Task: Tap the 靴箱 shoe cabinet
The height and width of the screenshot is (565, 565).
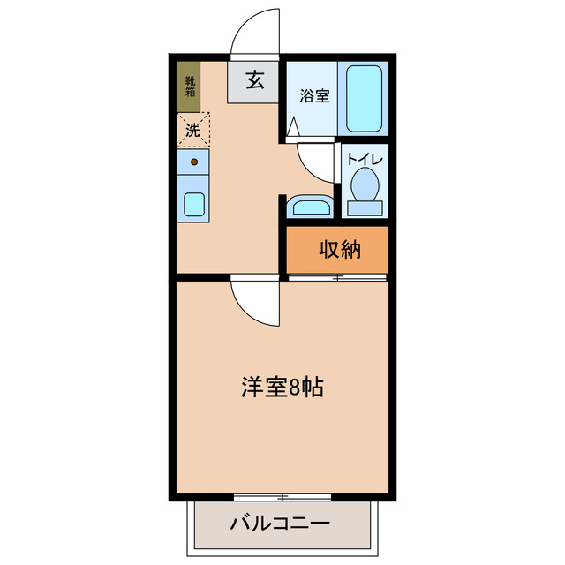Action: tap(189, 86)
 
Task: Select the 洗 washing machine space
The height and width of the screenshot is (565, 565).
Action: tap(192, 130)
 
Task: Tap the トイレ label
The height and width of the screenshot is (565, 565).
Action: tap(364, 159)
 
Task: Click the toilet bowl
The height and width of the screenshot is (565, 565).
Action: tap(364, 184)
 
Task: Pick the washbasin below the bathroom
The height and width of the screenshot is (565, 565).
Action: tap(310, 207)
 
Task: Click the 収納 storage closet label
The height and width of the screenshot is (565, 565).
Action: tap(340, 250)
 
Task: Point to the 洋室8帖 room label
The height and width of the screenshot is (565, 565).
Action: tap(282, 386)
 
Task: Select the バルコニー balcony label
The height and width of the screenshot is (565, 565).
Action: tap(280, 523)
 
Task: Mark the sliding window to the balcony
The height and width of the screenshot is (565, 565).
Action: tap(282, 496)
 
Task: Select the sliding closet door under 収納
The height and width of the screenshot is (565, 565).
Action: tap(337, 278)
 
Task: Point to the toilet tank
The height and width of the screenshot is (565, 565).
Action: tap(365, 208)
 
